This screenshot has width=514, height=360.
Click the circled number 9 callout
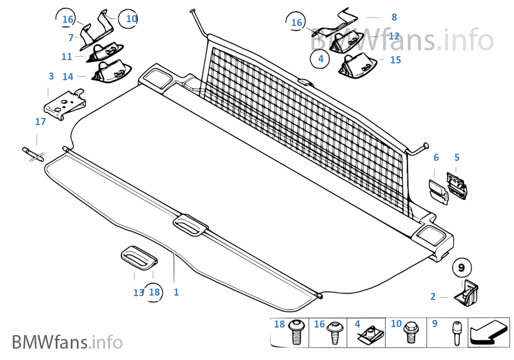(x=462, y=268)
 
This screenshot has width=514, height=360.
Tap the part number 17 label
(x=41, y=122)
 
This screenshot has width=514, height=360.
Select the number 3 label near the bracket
(x=51, y=76)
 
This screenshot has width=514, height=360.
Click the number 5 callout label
(x=457, y=158)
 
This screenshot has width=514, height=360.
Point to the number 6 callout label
(x=436, y=158)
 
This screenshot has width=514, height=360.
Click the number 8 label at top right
(x=394, y=17)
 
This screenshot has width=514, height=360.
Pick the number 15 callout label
(x=396, y=60)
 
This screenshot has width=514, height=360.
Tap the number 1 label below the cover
(x=176, y=292)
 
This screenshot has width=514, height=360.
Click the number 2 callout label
(x=433, y=297)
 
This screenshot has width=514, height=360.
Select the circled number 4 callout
(x=320, y=58)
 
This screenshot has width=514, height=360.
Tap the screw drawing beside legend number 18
(x=295, y=332)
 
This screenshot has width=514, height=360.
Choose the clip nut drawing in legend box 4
(x=370, y=335)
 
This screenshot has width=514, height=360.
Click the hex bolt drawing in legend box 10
(x=410, y=332)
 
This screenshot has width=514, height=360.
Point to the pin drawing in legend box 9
(x=456, y=333)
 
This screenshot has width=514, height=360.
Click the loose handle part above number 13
(x=139, y=257)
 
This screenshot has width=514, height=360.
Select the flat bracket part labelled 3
(x=65, y=104)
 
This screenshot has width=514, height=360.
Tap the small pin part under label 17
(x=33, y=154)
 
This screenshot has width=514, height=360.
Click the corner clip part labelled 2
(x=466, y=293)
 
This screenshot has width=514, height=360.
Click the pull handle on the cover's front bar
(x=190, y=225)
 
